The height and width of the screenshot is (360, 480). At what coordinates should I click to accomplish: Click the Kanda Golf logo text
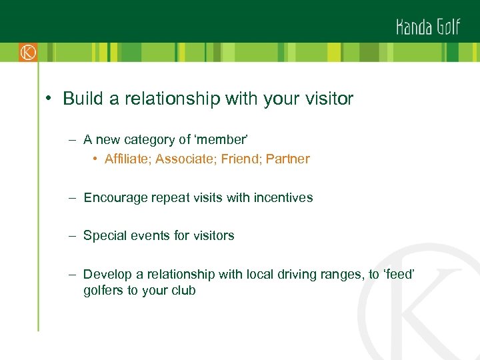pyautogui.click(x=428, y=27)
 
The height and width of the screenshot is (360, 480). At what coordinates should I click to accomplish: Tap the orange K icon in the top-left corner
pyautogui.click(x=27, y=52)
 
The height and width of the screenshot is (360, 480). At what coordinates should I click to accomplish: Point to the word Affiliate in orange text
pyautogui.click(x=126, y=159)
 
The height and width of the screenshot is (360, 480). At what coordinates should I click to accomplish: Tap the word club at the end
pyautogui.click(x=183, y=291)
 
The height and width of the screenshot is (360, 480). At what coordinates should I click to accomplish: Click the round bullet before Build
pyautogui.click(x=49, y=99)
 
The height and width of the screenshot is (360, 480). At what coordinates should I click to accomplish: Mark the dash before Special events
pyautogui.click(x=71, y=235)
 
